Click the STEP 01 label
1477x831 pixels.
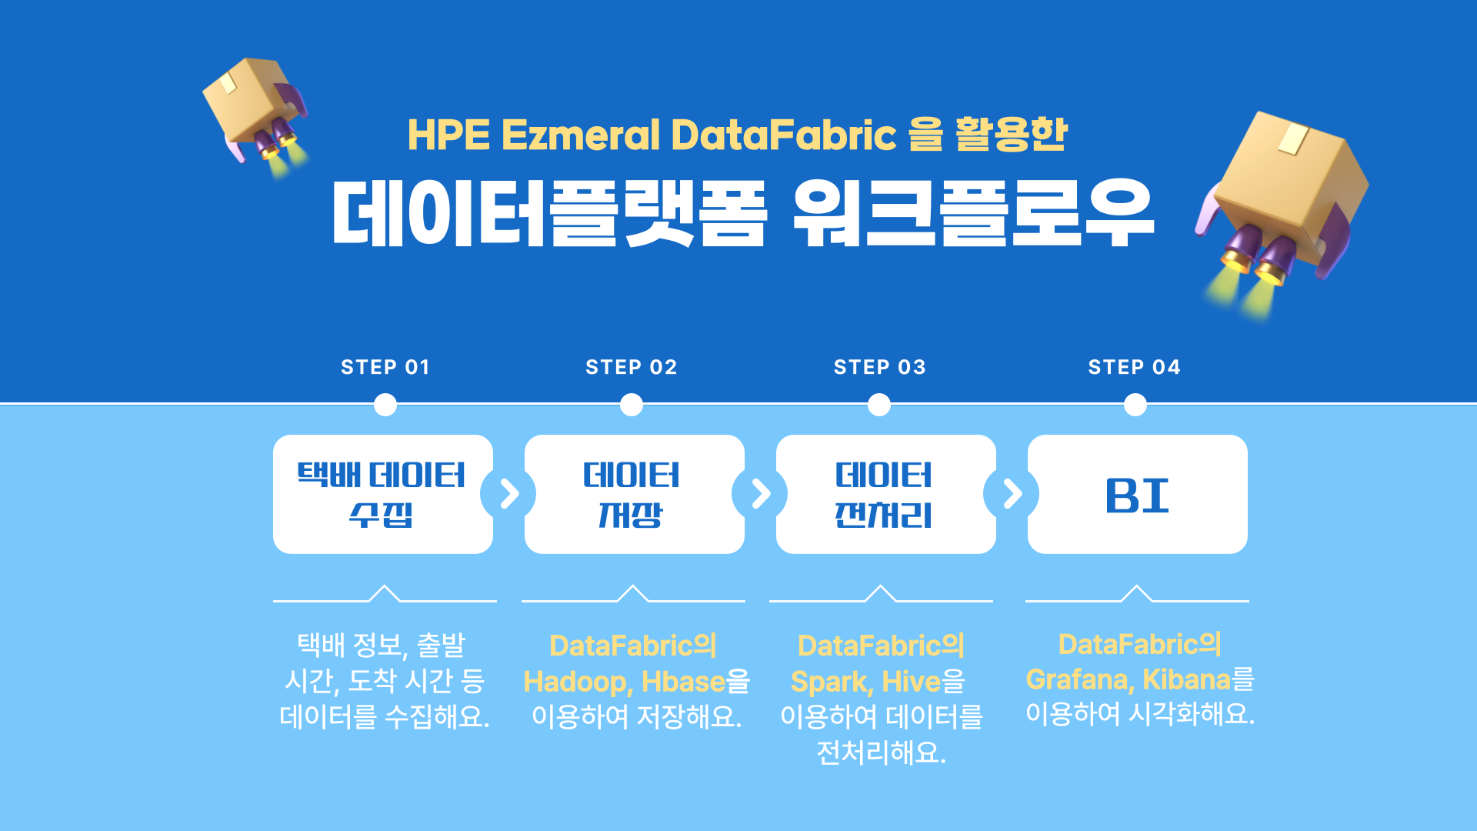click(x=385, y=367)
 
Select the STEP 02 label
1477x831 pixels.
click(x=631, y=367)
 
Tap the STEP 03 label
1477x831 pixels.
click(x=879, y=367)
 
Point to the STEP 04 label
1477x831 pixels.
click(x=1134, y=367)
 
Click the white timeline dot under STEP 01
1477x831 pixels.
click(x=385, y=405)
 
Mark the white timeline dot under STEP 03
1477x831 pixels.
click(x=879, y=405)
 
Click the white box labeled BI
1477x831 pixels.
click(x=1137, y=494)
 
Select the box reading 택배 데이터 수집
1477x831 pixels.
click(x=383, y=494)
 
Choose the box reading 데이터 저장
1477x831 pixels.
click(x=634, y=494)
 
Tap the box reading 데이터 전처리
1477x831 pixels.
click(x=885, y=494)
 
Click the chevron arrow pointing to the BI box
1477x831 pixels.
click(x=1013, y=494)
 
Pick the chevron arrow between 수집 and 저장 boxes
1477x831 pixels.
click(x=509, y=494)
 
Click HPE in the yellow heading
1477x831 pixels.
click(x=448, y=135)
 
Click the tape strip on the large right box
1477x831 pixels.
click(x=1293, y=138)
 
